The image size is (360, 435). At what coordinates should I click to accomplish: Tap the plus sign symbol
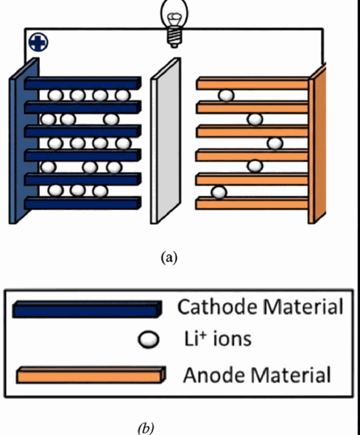(38, 42)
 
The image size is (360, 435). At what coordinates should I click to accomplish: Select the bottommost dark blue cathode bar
(83, 203)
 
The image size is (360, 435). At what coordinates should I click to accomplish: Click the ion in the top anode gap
(226, 96)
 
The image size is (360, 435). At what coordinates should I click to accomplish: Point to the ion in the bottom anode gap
(219, 192)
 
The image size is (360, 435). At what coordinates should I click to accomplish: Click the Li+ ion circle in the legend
(149, 340)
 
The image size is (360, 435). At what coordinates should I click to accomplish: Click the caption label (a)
(169, 257)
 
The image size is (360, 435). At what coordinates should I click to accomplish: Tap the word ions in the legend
(232, 339)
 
